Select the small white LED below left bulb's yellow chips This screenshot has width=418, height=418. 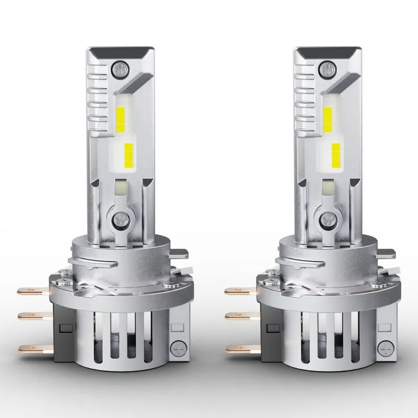pyautogui.click(x=120, y=187)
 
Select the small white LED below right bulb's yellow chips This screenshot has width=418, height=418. pyautogui.click(x=329, y=187)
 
